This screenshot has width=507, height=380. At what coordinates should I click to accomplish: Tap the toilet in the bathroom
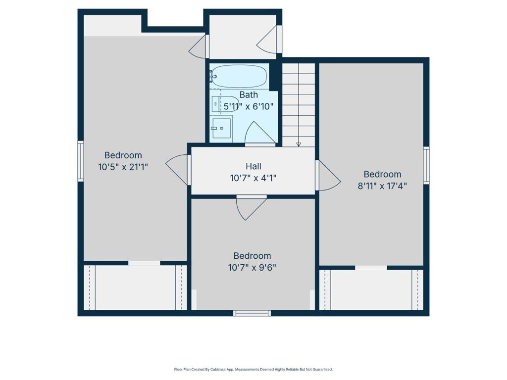(225, 104)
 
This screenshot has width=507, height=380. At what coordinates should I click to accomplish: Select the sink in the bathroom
(222, 128)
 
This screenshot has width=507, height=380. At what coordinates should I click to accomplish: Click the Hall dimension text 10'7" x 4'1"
(253, 178)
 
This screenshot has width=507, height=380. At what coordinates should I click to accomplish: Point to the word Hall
(253, 166)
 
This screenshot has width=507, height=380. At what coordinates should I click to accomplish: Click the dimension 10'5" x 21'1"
(123, 167)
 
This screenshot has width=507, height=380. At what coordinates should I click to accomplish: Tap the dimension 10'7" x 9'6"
(252, 268)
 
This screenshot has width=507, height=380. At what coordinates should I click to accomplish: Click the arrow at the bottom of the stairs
(299, 144)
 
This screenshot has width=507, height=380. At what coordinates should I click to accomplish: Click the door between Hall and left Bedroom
(177, 169)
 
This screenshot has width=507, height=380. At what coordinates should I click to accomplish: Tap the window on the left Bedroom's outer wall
(80, 161)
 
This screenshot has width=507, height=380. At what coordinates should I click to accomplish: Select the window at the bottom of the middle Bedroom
(252, 313)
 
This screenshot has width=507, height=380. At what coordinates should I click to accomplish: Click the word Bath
(249, 95)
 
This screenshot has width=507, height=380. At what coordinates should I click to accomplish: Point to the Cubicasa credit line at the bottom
(253, 369)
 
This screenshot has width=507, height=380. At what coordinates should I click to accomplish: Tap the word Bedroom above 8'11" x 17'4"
(382, 174)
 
